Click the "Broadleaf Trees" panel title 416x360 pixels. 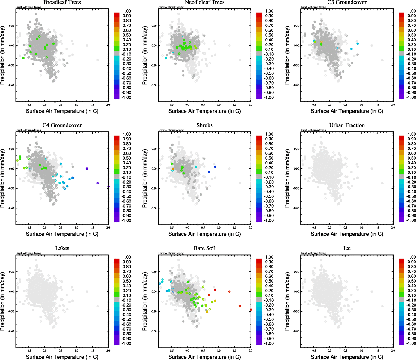(x=62, y=2)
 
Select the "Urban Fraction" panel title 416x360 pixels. (x=347, y=125)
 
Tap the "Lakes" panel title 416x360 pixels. (x=62, y=248)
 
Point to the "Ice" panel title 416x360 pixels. (x=347, y=248)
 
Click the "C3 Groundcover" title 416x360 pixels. (x=347, y=2)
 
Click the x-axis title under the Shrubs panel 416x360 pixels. (x=204, y=234)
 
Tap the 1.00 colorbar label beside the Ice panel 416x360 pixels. (x=412, y=257)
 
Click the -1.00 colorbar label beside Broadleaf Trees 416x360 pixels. (x=126, y=97)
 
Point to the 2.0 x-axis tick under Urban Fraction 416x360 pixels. (x=393, y=228)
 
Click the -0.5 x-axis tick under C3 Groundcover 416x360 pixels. (x=314, y=105)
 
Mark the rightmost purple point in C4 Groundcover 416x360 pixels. (x=108, y=187)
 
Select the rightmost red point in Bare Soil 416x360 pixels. (x=251, y=310)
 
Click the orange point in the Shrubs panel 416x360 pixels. (x=173, y=169)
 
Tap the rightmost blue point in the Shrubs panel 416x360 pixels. (x=215, y=167)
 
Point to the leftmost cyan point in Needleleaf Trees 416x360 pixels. (x=166, y=58)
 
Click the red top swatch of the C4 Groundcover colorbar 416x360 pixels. (x=117, y=138)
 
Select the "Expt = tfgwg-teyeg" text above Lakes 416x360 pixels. (x=28, y=253)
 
